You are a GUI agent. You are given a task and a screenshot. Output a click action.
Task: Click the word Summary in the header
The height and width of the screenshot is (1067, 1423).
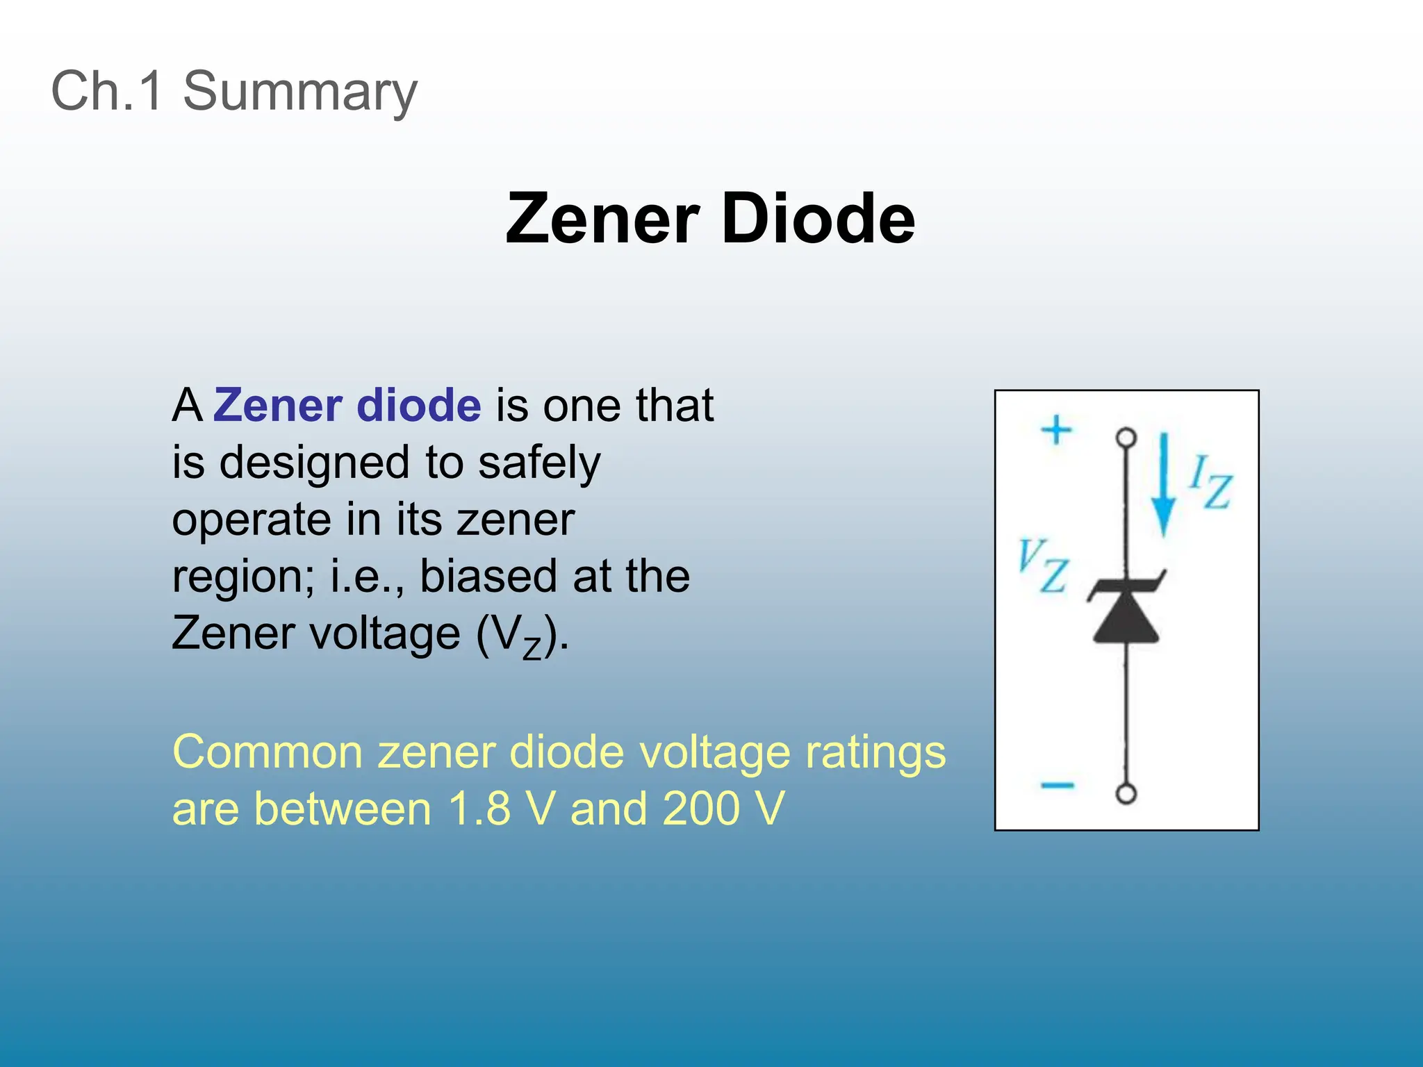[x=299, y=92]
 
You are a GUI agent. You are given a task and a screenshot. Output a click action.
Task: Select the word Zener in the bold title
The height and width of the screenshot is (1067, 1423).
[x=602, y=219]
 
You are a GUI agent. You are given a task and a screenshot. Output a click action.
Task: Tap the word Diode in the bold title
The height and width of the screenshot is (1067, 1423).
[x=818, y=219]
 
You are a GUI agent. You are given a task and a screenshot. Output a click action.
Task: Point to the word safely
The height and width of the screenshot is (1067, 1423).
[x=539, y=463]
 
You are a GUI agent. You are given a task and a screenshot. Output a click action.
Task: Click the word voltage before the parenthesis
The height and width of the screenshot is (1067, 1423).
[x=384, y=633]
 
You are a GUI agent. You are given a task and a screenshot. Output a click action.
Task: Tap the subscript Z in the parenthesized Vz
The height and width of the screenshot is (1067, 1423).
[x=532, y=649]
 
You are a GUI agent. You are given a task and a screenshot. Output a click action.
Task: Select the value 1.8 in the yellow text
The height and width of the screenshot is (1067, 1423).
[x=480, y=809]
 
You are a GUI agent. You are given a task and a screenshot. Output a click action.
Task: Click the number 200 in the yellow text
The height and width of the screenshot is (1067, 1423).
[x=701, y=809]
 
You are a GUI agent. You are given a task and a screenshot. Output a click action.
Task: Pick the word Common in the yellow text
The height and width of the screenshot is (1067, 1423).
[x=268, y=752]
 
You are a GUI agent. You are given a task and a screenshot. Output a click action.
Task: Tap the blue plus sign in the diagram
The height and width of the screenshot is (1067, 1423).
[x=1056, y=429]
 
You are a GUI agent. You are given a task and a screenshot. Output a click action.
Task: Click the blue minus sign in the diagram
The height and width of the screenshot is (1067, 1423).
[x=1058, y=786]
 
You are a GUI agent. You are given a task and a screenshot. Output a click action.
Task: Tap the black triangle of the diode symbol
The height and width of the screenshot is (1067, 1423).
[x=1126, y=620]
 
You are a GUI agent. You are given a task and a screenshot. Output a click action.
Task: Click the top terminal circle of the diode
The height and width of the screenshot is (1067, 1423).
[x=1126, y=438]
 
